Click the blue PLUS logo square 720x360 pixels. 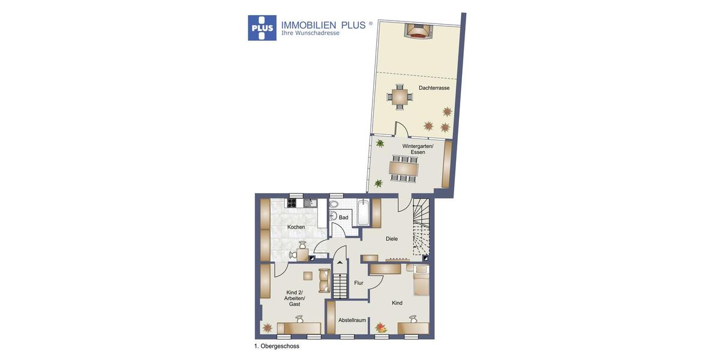262,28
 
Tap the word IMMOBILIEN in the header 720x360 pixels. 308,25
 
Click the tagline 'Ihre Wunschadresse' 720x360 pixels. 310,34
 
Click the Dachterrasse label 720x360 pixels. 434,88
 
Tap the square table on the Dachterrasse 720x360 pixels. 400,97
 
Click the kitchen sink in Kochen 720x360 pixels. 310,203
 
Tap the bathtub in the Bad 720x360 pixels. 362,212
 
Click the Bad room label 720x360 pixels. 343,217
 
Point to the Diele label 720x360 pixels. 392,239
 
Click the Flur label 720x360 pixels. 359,283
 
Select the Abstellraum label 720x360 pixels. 352,320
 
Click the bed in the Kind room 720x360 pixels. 421,281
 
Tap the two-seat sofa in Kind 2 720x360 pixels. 324,280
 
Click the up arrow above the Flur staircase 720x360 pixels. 340,262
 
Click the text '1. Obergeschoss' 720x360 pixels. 277,346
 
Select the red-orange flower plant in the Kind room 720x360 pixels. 380,328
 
